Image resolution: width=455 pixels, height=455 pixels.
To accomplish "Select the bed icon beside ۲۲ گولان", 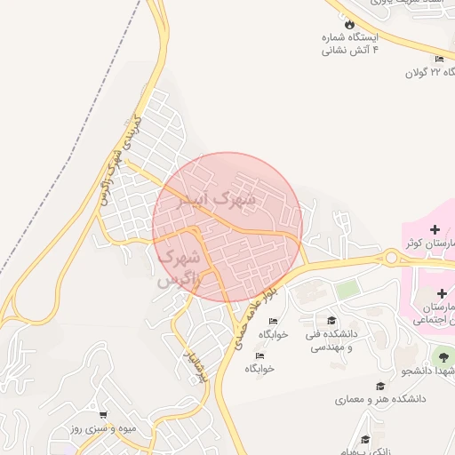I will [439, 60].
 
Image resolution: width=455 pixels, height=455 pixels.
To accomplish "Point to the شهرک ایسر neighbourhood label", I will [217, 199].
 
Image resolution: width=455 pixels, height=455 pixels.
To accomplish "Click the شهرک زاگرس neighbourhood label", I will [181, 267].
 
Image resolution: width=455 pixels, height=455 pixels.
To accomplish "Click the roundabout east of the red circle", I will [391, 259].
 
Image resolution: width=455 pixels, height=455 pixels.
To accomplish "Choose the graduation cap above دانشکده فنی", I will [331, 320].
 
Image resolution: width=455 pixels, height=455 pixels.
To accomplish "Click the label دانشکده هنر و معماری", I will [379, 399].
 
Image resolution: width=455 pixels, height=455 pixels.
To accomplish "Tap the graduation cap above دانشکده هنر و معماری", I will [380, 386].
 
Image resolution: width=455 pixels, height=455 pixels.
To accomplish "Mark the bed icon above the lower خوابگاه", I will [259, 355].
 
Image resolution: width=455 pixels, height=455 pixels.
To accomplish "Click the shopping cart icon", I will [104, 415].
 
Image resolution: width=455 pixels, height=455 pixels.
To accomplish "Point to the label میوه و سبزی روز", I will [101, 429].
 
